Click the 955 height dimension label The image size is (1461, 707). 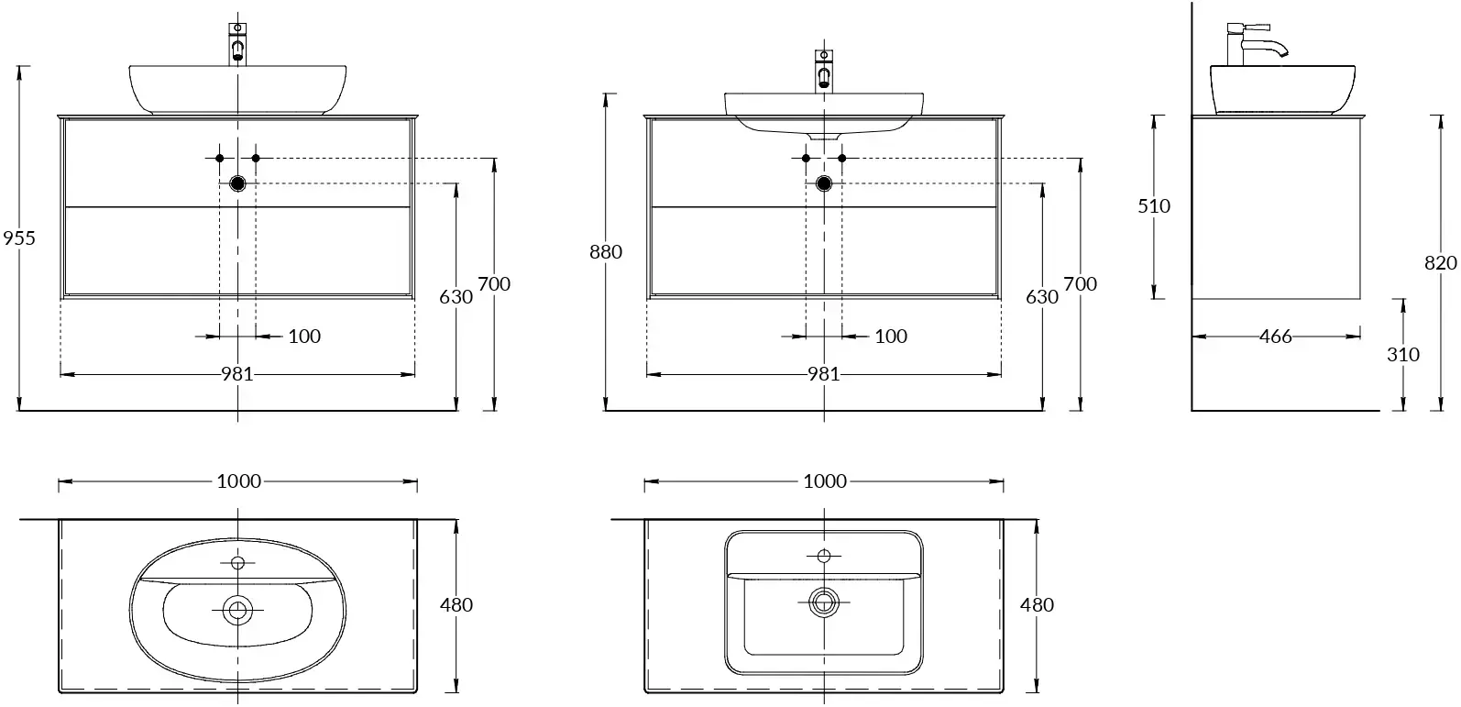click(x=18, y=238)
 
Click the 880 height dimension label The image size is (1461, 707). click(x=605, y=251)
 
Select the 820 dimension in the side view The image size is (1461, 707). click(x=1440, y=263)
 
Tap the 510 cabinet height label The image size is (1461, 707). click(x=1154, y=206)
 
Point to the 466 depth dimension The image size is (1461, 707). click(x=1275, y=337)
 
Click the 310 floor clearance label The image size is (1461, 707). click(x=1402, y=354)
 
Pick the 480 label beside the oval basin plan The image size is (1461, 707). click(x=456, y=605)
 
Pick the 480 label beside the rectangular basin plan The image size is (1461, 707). click(x=1037, y=605)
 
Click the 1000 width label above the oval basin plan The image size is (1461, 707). click(x=238, y=481)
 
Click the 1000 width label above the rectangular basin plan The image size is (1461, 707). click(x=825, y=481)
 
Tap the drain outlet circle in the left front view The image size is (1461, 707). click(x=238, y=183)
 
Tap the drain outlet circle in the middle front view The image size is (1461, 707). click(x=824, y=183)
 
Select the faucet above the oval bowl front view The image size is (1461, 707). click(x=238, y=42)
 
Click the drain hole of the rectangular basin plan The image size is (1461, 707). click(x=824, y=602)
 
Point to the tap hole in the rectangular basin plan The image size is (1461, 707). click(x=824, y=556)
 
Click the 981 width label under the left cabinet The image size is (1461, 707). click(x=236, y=374)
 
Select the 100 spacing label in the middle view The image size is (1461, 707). click(x=890, y=337)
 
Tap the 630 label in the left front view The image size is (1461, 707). click(x=456, y=297)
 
